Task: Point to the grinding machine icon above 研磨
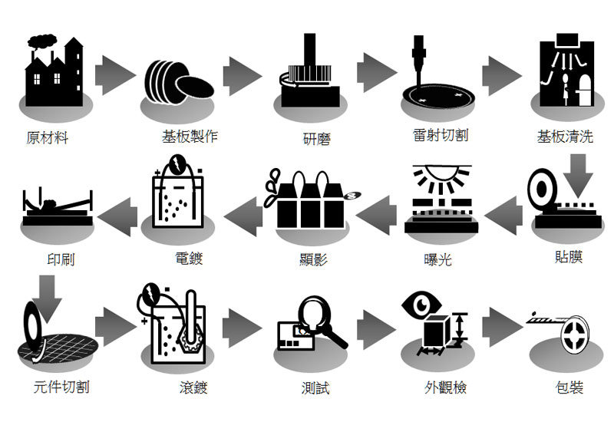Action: [309, 72]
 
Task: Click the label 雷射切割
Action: [440, 135]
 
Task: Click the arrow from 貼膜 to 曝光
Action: [504, 211]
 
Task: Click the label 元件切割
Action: [62, 387]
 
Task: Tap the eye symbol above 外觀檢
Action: [421, 305]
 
